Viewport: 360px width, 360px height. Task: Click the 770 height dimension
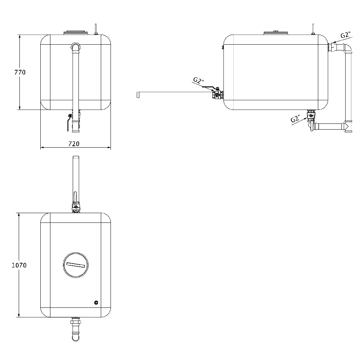pos(20,72)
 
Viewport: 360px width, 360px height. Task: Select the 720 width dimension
pos(73,144)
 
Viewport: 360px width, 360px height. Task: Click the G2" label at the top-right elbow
pos(346,35)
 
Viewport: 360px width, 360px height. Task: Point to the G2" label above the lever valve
pos(198,80)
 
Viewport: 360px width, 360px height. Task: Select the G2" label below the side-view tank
pos(296,119)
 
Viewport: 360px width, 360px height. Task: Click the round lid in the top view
pos(76,265)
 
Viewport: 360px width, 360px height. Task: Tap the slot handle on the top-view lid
pos(76,265)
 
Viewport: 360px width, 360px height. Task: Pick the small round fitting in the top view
pos(96,303)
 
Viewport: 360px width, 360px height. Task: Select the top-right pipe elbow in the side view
pos(346,47)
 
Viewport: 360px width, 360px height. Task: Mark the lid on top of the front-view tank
pos(76,33)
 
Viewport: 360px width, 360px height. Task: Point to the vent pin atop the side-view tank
pos(313,28)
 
